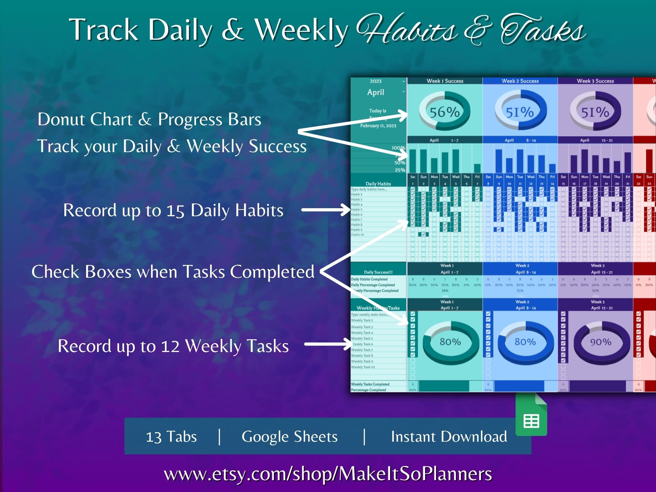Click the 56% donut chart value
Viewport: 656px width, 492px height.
pos(445,112)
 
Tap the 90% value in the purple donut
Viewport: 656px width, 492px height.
pos(601,342)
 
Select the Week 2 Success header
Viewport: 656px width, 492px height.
pos(520,81)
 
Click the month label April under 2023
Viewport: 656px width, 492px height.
pos(375,92)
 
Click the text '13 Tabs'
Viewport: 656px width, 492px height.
pos(171,437)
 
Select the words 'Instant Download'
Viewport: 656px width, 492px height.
pos(449,437)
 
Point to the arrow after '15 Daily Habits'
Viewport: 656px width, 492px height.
pos(326,210)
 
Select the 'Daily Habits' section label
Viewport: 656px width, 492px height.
pos(378,184)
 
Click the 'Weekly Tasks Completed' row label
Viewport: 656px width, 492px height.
pos(370,384)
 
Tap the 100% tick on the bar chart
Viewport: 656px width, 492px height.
pos(398,148)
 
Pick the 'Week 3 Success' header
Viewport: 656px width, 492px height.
pos(595,81)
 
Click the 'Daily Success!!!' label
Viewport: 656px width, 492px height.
pos(378,272)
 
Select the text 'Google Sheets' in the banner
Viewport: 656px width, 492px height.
pos(289,437)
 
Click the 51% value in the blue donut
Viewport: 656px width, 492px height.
pos(520,112)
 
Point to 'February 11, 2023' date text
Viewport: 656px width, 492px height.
pos(378,126)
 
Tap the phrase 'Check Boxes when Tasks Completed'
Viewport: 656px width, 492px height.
pos(173,272)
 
